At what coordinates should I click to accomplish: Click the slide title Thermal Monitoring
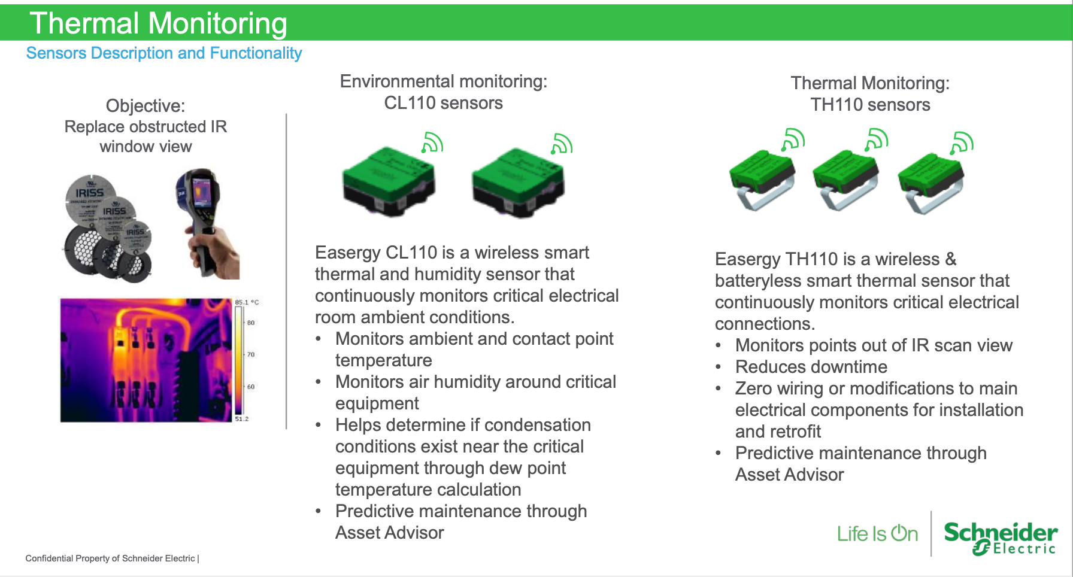point(159,23)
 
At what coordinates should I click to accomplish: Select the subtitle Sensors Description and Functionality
point(164,53)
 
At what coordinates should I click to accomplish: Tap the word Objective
point(145,106)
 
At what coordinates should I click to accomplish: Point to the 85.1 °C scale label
point(247,302)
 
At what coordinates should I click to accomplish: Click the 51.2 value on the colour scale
point(241,418)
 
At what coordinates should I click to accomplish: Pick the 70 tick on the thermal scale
point(251,354)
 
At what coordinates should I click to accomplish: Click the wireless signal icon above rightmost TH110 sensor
point(962,142)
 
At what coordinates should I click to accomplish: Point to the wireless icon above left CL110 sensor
point(432,143)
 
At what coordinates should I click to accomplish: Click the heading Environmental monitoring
point(444,81)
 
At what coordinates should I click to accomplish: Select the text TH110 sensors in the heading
point(870,105)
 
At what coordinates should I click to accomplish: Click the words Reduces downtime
point(811,367)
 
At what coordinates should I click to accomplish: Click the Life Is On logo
point(877,533)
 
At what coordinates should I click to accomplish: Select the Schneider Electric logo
point(1001,537)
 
